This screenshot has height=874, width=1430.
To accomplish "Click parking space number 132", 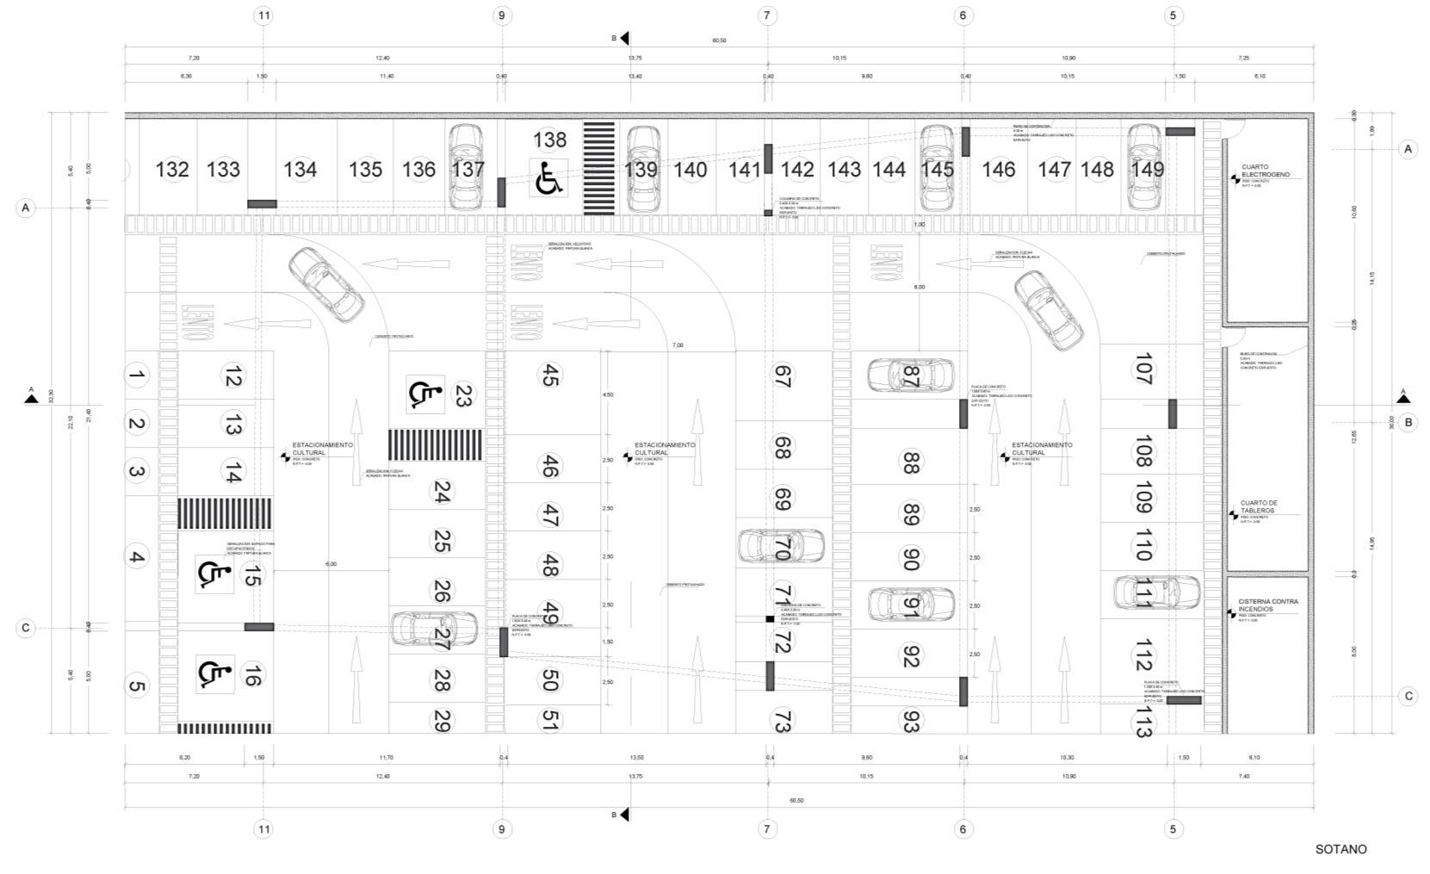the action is [171, 170].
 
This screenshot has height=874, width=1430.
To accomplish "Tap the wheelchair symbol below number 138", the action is [548, 178].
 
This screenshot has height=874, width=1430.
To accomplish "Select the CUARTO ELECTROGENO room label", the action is [1265, 170].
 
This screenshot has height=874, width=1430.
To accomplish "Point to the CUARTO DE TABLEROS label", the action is [1258, 507].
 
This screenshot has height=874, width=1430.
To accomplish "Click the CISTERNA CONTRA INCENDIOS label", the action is [1267, 605].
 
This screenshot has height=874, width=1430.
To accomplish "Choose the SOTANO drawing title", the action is [1340, 849].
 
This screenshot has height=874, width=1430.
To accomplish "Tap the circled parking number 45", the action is [549, 375].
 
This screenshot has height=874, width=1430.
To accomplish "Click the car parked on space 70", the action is [781, 546].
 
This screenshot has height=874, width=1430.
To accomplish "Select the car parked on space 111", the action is [1156, 592].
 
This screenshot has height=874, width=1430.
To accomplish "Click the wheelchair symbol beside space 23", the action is [424, 394].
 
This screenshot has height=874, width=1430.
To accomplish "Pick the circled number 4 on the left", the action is [136, 556].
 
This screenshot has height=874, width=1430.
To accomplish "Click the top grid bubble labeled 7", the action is [766, 15].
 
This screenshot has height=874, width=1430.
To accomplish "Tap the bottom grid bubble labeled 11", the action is [263, 829].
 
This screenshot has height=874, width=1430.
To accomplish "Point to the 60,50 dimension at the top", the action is [719, 40].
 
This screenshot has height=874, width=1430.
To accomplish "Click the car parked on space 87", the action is [910, 375].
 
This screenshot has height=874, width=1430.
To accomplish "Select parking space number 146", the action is [998, 170].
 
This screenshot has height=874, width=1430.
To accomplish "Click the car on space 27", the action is [434, 629].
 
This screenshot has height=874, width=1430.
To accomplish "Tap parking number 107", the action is [1143, 369].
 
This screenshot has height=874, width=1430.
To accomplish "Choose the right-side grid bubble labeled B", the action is [1408, 422].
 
